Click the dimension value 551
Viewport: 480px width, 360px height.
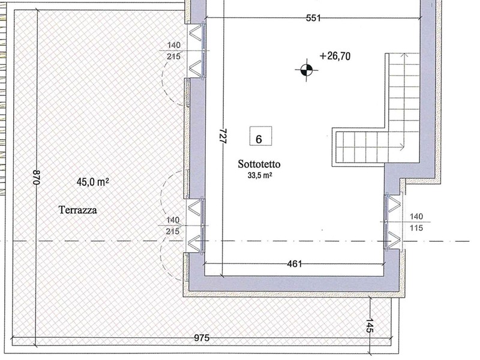pyautogui.click(x=313, y=19)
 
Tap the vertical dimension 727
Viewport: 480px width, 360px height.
pyautogui.click(x=223, y=136)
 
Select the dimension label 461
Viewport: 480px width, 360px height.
pyautogui.click(x=295, y=263)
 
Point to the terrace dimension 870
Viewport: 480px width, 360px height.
pyautogui.click(x=37, y=177)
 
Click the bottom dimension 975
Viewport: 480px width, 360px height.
pyautogui.click(x=202, y=338)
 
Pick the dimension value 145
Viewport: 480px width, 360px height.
pyautogui.click(x=370, y=325)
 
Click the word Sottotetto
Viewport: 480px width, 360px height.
pyautogui.click(x=259, y=164)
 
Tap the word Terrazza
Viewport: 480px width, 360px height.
pyautogui.click(x=78, y=210)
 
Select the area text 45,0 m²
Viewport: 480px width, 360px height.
pyautogui.click(x=92, y=182)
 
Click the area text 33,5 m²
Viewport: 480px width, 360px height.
pyautogui.click(x=260, y=176)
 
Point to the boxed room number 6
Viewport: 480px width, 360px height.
pyautogui.click(x=260, y=136)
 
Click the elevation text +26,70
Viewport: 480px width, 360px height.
pyautogui.click(x=335, y=56)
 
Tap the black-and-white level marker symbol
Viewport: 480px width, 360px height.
pyautogui.click(x=307, y=70)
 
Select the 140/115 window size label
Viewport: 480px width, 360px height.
pyautogui.click(x=416, y=222)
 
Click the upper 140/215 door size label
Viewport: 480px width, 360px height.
pyautogui.click(x=173, y=51)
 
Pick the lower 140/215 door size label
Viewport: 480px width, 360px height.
pyautogui.click(x=173, y=226)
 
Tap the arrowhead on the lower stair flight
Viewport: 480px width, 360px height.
pyautogui.click(x=401, y=147)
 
